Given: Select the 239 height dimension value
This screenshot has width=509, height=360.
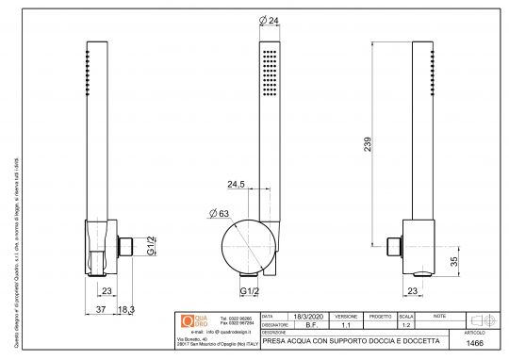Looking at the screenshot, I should (369, 144).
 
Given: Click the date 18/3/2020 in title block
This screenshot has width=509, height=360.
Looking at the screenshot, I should (309, 317).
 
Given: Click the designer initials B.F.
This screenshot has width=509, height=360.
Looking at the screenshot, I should (309, 324).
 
